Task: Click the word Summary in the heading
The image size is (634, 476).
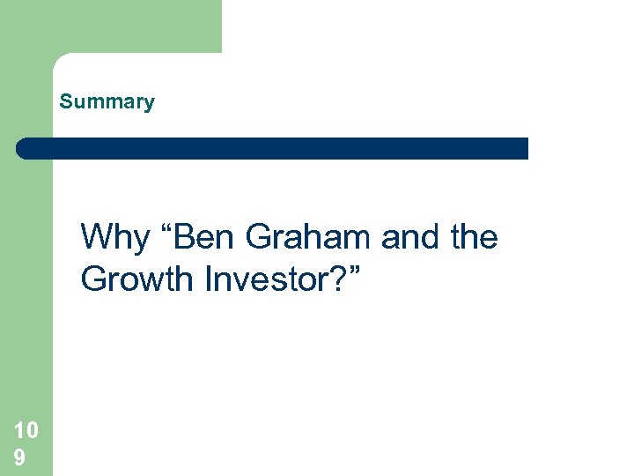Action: click(x=107, y=102)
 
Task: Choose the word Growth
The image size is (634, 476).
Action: click(x=136, y=279)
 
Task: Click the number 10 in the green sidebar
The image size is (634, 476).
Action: click(x=26, y=430)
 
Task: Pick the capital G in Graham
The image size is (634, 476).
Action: click(x=261, y=237)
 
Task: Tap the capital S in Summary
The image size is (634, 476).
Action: click(x=65, y=102)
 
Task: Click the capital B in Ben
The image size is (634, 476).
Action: click(x=183, y=237)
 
